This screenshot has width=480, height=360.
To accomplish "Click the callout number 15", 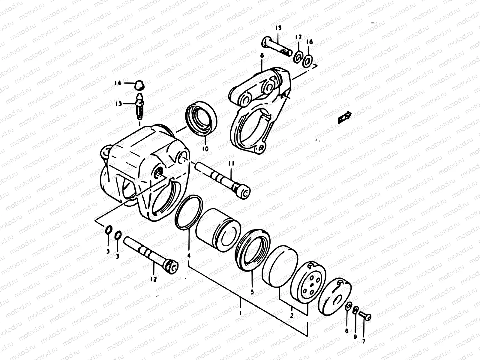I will coord(278,28).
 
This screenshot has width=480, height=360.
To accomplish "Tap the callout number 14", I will coord(118,83).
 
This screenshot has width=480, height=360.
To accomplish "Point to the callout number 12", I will coord(153,279).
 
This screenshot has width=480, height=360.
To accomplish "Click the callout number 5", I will coord(252,291).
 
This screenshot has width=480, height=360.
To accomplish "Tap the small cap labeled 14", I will coord(138,85).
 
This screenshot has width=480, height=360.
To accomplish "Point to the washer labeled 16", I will coord(307,61).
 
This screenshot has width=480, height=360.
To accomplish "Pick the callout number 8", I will coord(347,331).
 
